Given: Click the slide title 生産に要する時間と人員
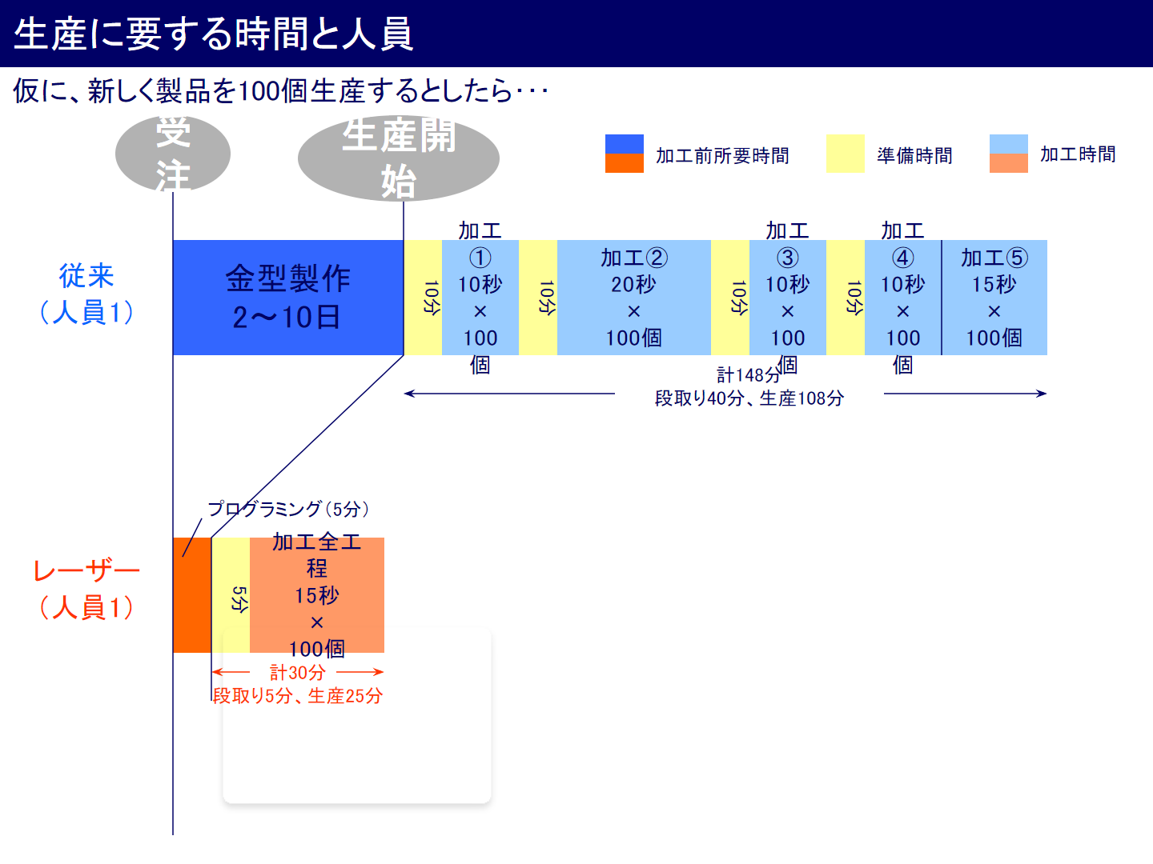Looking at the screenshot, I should pos(214,34).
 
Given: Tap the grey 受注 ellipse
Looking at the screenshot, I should pos(173,154).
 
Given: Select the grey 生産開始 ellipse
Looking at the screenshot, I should pos(399,158).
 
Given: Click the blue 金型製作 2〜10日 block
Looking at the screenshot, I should pos(288,298).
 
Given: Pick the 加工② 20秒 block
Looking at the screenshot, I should pos(633,298).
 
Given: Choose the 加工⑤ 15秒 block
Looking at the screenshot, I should pos(994,298).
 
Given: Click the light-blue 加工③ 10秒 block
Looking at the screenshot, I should pos(787,298).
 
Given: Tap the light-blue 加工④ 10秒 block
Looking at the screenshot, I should pos(902,298).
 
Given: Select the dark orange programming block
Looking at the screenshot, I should pos(192,595).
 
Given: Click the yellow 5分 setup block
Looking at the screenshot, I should pos(231,595).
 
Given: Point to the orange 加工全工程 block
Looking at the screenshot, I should pos(317,595).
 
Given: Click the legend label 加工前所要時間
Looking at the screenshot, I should pos(722,155).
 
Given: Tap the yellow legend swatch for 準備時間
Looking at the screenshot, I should pos(845,154).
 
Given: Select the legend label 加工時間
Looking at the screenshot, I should pos(1078,154).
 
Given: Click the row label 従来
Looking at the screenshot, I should pos(86,276).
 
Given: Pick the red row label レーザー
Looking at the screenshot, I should pos(86,571).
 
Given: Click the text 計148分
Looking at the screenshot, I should pos(748,375).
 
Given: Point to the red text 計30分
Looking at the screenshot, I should pos(297,673).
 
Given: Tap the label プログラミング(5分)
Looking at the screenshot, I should pos(288,509).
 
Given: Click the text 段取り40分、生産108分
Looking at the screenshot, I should pos(749,398).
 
